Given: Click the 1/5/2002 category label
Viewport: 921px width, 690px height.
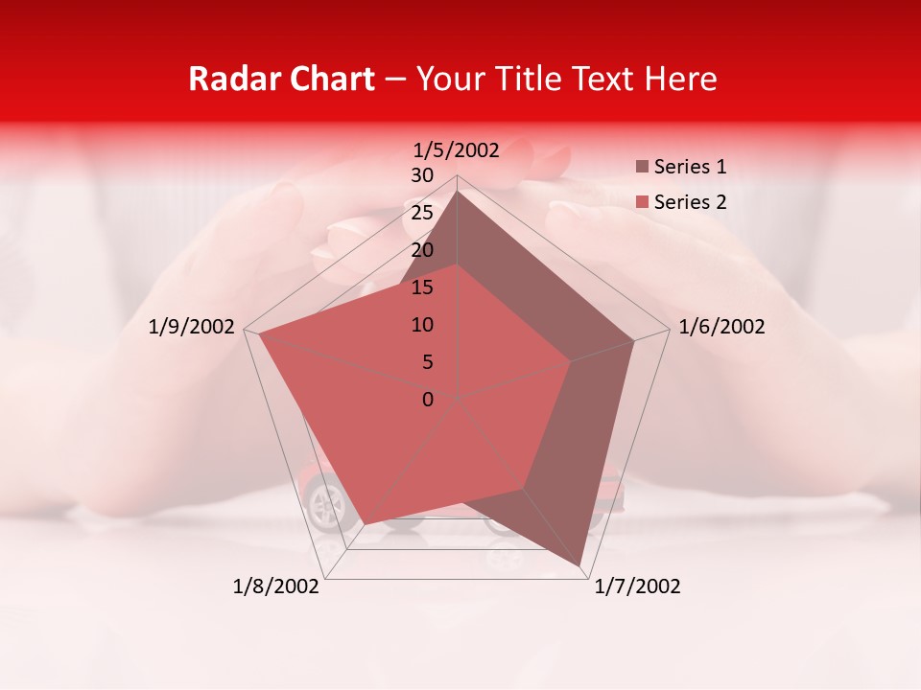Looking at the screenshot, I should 457,149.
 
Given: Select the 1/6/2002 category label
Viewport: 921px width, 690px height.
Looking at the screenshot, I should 721,327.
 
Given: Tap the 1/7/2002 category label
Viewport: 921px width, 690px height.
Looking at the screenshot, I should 638,586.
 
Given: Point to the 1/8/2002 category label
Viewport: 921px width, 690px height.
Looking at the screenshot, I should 276,586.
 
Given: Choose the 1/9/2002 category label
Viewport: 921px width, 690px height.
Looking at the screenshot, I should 192,327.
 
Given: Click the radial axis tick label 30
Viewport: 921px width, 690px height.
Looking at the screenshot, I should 422,175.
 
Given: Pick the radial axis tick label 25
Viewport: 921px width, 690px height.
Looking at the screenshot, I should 422,213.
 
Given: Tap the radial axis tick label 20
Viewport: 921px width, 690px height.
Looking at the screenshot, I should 422,250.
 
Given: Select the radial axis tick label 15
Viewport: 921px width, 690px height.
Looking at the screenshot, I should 422,287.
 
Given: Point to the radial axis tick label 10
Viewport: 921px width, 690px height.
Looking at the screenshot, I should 422,325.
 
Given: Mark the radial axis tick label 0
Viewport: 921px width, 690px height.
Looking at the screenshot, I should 428,400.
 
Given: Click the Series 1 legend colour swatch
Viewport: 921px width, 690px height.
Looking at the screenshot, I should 642,168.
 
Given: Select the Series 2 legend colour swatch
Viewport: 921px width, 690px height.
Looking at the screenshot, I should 642,202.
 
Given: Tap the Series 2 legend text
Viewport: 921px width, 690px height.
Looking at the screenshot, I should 690,202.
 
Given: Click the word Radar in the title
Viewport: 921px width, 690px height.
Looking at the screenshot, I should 226,79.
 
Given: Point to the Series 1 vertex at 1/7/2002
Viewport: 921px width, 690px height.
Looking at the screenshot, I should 581,565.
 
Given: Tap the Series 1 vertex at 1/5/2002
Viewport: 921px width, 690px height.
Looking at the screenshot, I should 457,191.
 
